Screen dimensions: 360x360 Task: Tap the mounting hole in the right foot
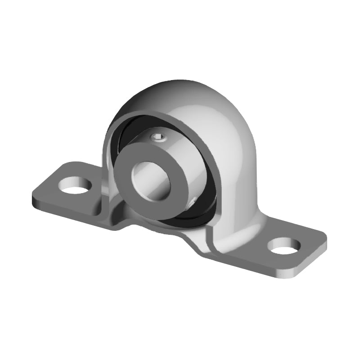click(285, 246)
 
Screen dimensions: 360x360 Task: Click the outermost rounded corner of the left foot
click(34, 198)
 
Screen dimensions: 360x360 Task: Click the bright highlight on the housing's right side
click(243, 148)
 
